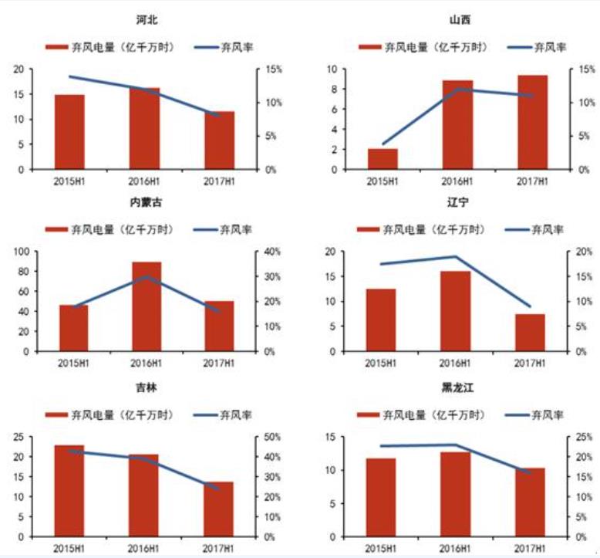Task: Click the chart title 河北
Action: pos(146,19)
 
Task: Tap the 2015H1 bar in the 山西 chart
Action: pos(383,158)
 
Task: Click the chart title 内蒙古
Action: pos(147,202)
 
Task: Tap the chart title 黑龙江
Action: pos(458,387)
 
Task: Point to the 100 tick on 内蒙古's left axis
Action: pos(20,252)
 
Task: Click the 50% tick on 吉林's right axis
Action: pos(272,437)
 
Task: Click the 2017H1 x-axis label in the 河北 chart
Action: pos(219,181)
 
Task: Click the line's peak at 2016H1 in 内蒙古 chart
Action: pos(147,276)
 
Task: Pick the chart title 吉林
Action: pos(146,387)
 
